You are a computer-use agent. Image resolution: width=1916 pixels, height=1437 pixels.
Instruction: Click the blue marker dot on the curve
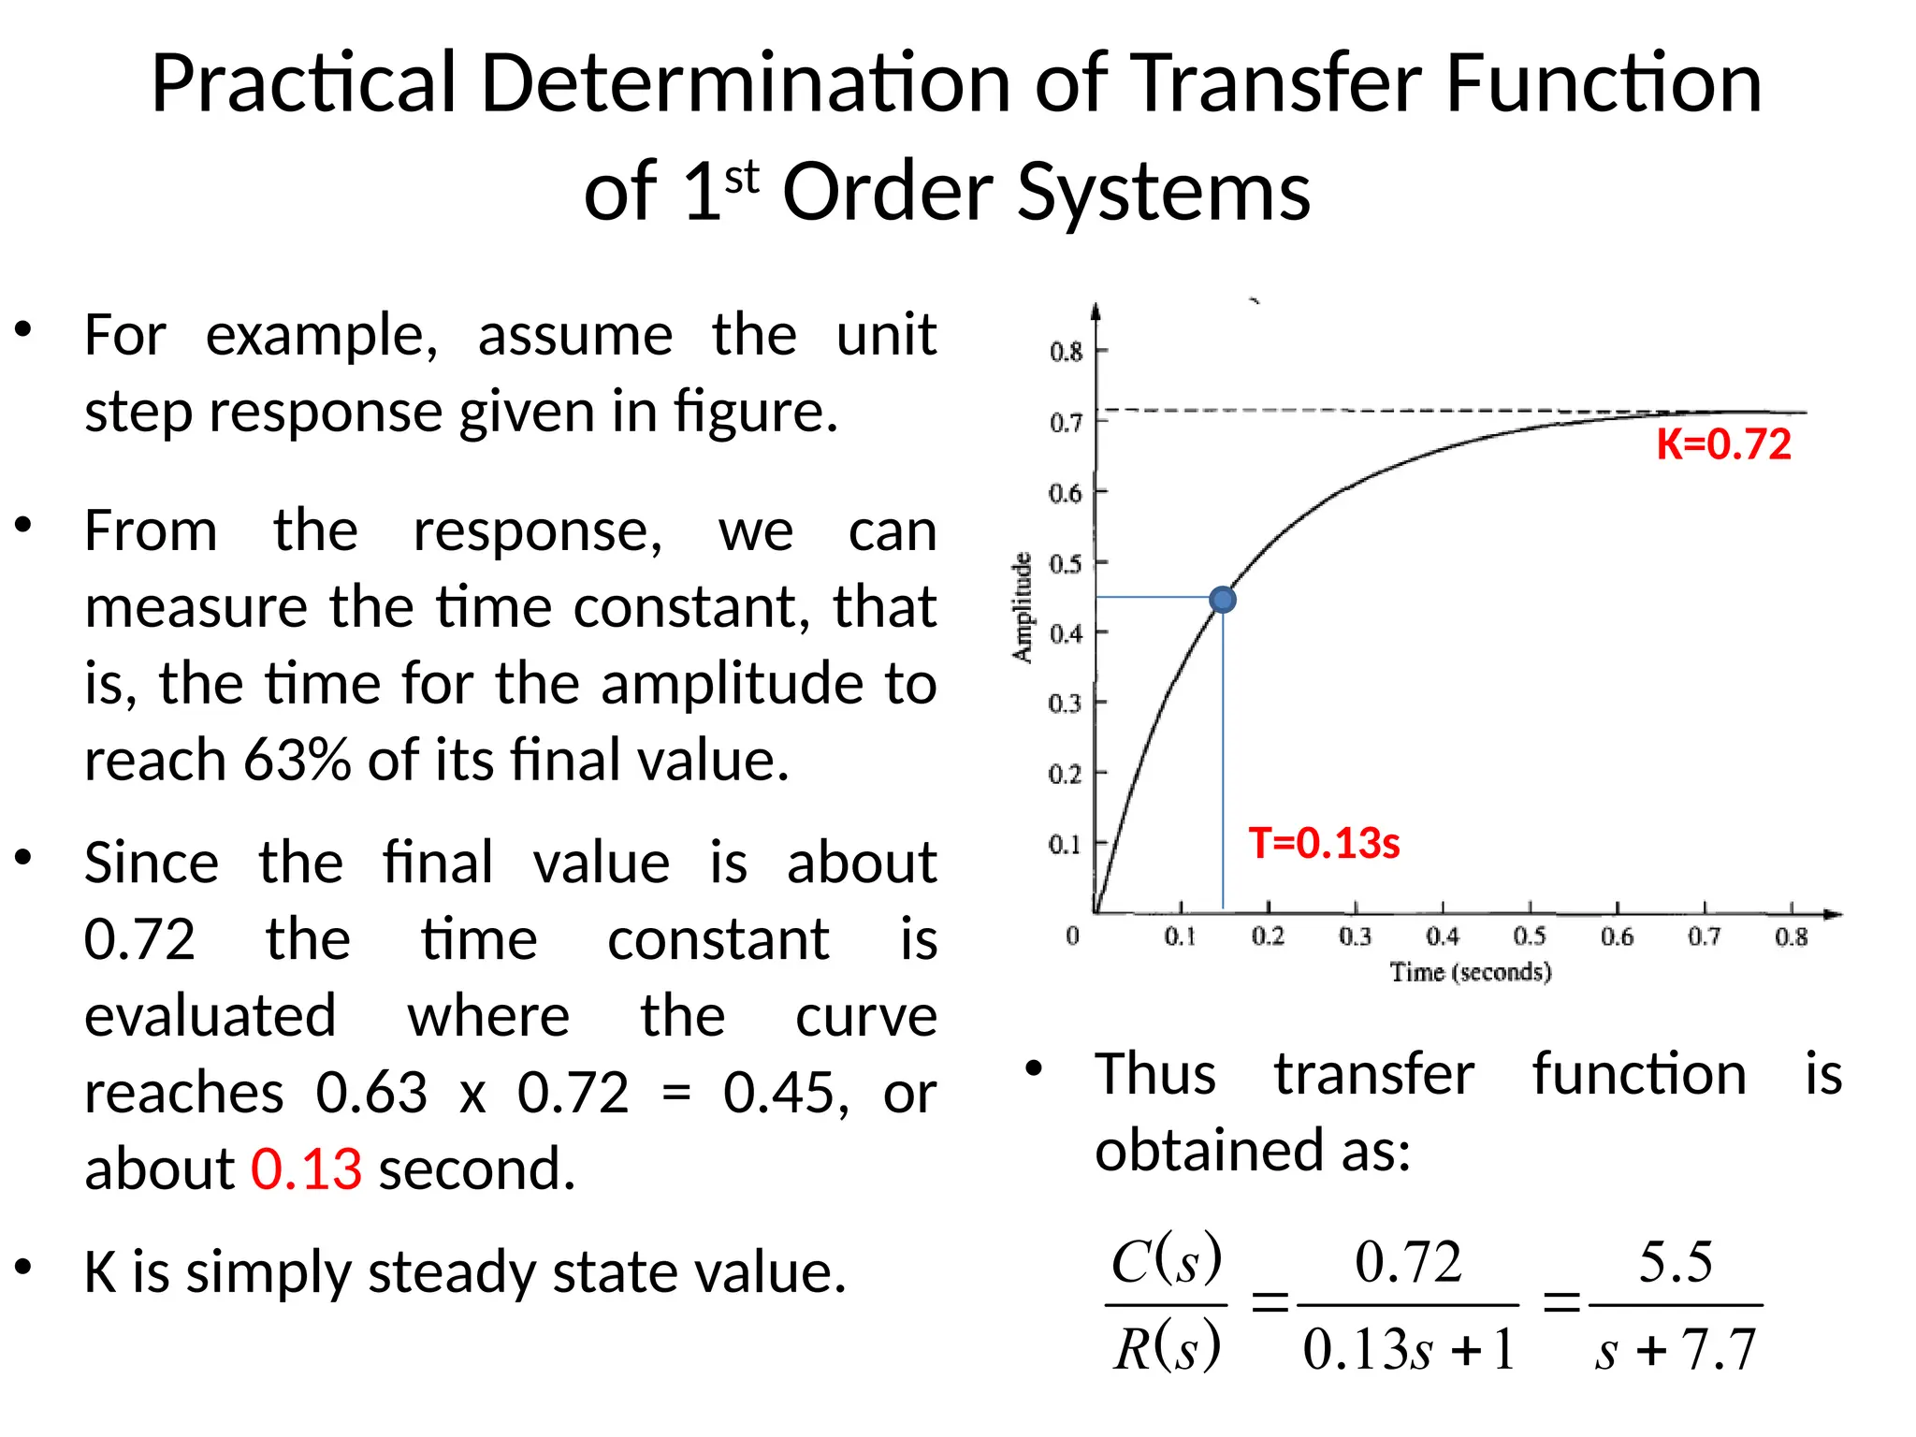coord(1222,600)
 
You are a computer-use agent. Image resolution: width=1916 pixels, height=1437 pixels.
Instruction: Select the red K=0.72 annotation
coord(1723,444)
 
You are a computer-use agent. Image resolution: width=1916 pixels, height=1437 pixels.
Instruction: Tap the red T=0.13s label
coord(1324,843)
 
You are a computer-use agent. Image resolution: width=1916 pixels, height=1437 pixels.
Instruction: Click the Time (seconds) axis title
coord(1470,972)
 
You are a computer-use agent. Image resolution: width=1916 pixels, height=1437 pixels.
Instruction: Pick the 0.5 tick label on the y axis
coord(1065,564)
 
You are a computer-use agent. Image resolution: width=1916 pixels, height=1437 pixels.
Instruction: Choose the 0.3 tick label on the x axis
coord(1355,936)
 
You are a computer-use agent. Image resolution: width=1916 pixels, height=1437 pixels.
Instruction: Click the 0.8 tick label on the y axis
coord(1066,352)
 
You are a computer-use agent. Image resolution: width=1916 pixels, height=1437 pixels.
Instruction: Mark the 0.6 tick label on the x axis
coord(1617,936)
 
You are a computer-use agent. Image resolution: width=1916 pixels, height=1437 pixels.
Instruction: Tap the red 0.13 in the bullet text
coord(306,1168)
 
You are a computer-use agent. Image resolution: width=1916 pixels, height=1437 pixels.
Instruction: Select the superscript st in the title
coord(741,177)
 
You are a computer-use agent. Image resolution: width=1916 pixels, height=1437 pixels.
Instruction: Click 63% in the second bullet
coord(298,760)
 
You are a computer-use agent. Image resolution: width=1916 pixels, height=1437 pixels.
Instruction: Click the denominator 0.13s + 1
coord(1408,1350)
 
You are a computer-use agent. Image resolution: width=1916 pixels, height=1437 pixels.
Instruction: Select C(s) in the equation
coord(1166,1261)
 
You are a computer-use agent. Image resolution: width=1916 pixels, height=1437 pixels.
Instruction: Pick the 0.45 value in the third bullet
coord(784,1093)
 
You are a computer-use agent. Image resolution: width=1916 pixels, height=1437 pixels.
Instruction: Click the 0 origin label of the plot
coord(1072,936)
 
